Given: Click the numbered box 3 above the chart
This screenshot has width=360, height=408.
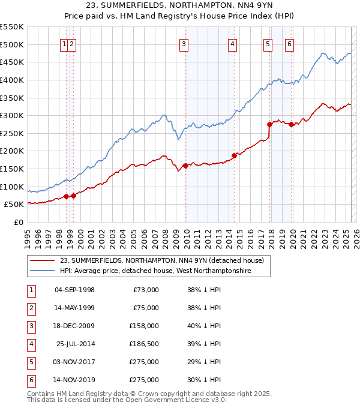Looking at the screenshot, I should point(184,43).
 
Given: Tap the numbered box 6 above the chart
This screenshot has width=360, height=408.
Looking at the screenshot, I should point(289,43).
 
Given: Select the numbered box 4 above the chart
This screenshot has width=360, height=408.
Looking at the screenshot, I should point(232,43).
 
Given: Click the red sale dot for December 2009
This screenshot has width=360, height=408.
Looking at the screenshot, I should point(185,166).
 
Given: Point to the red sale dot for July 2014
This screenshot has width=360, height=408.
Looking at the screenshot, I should point(234,155).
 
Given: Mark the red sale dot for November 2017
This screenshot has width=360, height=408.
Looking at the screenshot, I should point(269,124).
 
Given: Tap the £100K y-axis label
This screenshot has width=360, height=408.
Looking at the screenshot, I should point(12,187).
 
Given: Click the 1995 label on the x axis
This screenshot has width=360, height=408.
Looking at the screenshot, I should point(28,235).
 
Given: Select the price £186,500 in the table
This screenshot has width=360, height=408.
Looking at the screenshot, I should point(143,344).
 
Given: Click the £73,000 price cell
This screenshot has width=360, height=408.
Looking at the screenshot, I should point(146,290).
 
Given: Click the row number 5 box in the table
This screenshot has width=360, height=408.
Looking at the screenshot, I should point(31,362).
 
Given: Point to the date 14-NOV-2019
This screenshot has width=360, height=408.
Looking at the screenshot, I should point(74,380).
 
